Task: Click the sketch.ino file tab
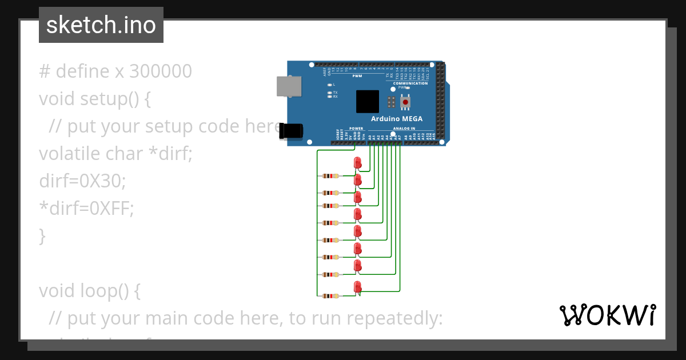101,25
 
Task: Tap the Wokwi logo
607,315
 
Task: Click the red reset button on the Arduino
405,102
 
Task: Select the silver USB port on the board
288,86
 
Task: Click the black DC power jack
291,131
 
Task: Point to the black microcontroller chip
368,101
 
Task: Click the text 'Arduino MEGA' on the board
397,119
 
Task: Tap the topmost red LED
358,163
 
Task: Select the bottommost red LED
358,287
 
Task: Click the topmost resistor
330,176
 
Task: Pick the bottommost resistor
330,296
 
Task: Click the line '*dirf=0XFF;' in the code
86,209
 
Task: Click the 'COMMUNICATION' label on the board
410,83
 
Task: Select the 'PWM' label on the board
357,76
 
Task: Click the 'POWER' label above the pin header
356,129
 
